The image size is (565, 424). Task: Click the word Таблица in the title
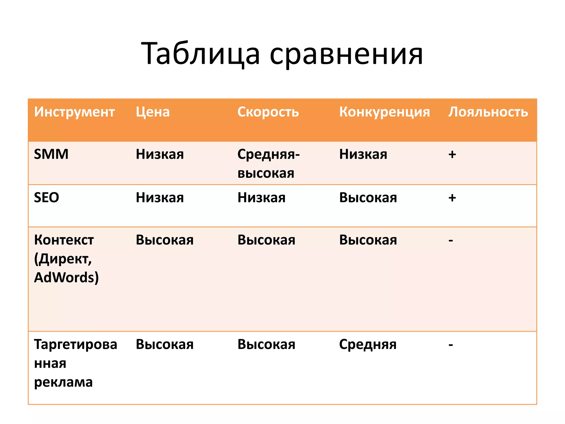tap(201, 54)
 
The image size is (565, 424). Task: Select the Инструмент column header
tap(74, 112)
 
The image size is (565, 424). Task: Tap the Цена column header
tap(153, 112)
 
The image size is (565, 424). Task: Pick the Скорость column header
tap(268, 112)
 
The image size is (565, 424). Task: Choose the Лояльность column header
tap(488, 112)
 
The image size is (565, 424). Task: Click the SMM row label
tap(51, 154)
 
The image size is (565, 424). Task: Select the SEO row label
tap(46, 198)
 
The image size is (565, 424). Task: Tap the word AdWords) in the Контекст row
tap(66, 277)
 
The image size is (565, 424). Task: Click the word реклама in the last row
tap(63, 382)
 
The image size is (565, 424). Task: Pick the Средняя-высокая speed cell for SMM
tap(268, 163)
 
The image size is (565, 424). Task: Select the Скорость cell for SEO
tap(261, 198)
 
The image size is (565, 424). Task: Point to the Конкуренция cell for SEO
tap(368, 198)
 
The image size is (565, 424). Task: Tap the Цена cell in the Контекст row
tap(164, 240)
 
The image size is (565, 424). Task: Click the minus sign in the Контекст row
tap(451, 240)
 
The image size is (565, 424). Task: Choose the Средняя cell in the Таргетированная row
tap(367, 344)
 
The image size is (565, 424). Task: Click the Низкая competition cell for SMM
tap(363, 154)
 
